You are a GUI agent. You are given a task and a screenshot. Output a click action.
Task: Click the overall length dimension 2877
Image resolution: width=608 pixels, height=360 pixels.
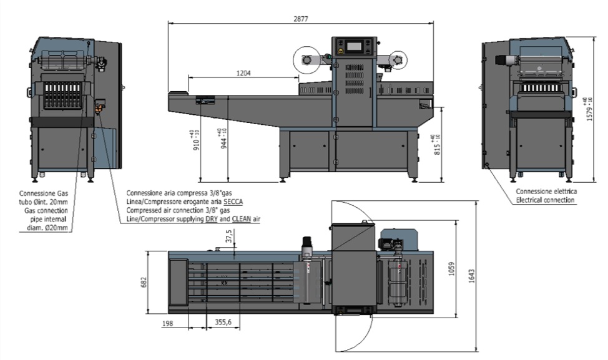point(300,19)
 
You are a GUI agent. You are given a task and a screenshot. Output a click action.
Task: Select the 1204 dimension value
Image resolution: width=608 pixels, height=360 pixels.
point(243,73)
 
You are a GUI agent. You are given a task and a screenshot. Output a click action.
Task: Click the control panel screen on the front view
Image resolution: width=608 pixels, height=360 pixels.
point(354,46)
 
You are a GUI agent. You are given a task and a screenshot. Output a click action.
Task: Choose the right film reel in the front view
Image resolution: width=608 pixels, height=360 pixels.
point(396,59)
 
